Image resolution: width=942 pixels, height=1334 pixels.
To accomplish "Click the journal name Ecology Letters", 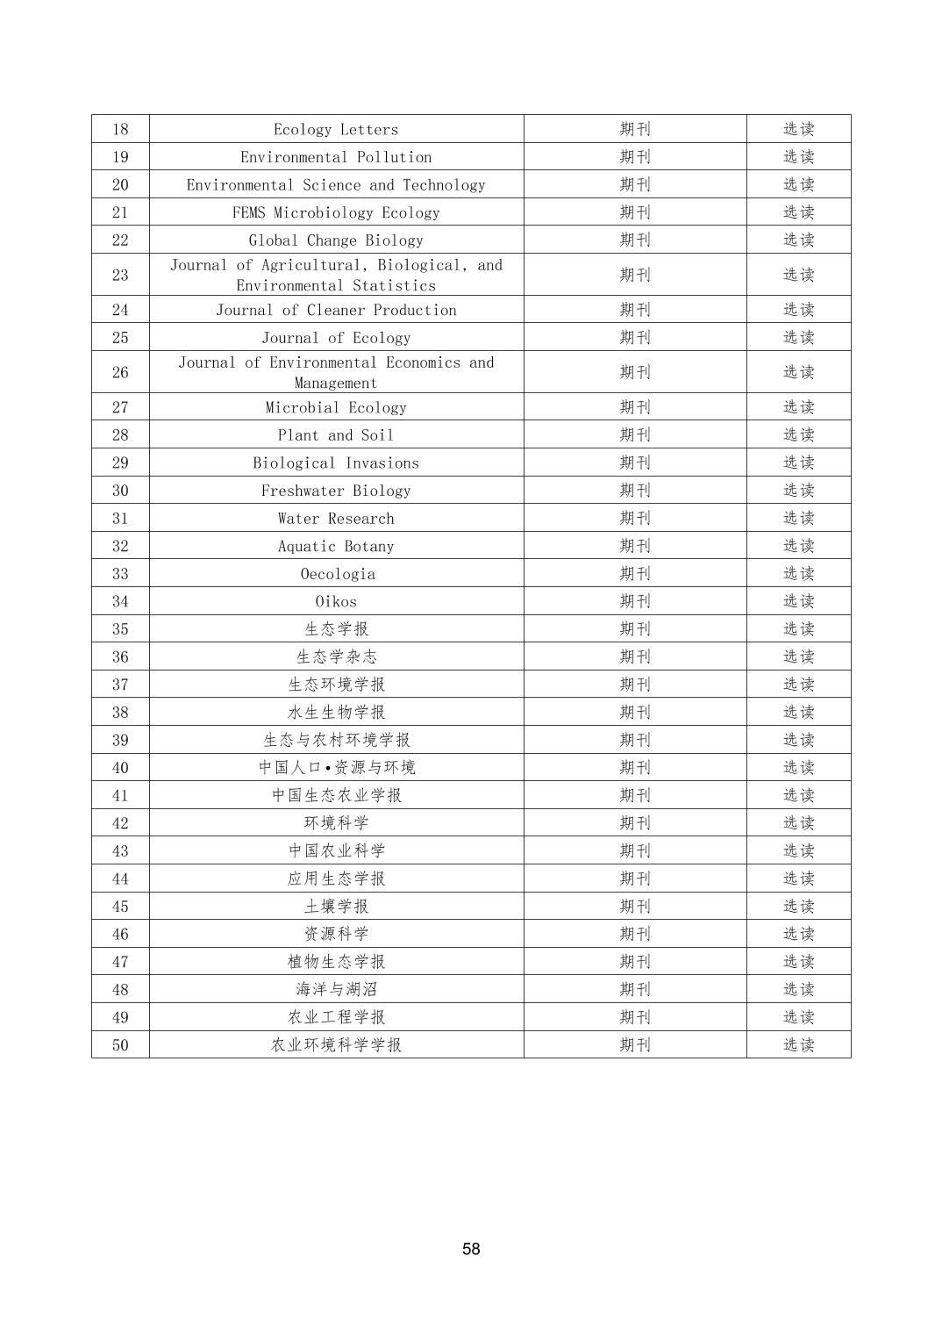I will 336,129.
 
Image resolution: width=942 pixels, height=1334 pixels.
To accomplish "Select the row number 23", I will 120,275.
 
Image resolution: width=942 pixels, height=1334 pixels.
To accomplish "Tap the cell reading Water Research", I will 336,518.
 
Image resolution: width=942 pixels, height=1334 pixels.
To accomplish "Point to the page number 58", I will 471,1248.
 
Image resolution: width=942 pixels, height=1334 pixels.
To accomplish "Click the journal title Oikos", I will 336,601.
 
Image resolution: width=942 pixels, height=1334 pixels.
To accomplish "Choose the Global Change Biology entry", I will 336,240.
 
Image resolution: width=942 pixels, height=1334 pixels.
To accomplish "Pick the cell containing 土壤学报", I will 336,906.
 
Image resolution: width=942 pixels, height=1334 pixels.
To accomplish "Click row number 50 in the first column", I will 120,1044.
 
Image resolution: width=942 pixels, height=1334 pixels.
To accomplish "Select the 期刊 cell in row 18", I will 635,129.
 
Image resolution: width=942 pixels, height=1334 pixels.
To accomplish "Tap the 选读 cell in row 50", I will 798,1044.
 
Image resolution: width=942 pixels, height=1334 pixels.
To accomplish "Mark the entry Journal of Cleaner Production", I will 336,310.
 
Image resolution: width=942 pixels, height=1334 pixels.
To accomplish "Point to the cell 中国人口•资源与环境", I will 336,767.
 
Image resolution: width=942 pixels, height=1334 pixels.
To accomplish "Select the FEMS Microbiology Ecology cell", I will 336,212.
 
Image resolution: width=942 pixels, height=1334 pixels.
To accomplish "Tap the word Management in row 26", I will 336,383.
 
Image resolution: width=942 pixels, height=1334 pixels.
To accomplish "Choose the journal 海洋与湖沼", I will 336,989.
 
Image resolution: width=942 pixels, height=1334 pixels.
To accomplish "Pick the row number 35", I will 120,628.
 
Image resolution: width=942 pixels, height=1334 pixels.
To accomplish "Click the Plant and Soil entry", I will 336,434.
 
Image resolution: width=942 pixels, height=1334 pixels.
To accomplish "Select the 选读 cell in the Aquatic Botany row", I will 798,546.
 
